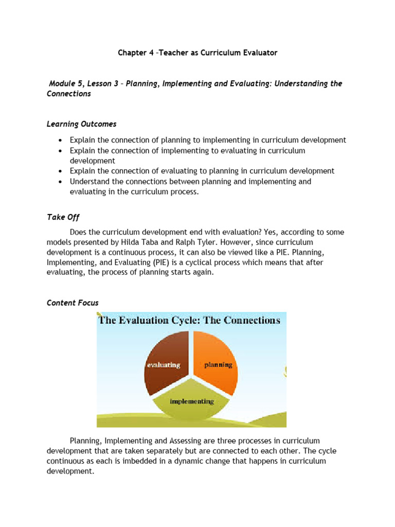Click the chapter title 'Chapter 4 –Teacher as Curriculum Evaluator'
197,53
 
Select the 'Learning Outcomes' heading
81,124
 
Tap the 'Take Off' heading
63,217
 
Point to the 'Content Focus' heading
73,303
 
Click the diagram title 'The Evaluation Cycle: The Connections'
189,321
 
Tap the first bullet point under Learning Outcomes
208,140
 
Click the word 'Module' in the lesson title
62,83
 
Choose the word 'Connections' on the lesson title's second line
68,94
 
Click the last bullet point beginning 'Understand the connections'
190,186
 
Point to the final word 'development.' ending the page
70,471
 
